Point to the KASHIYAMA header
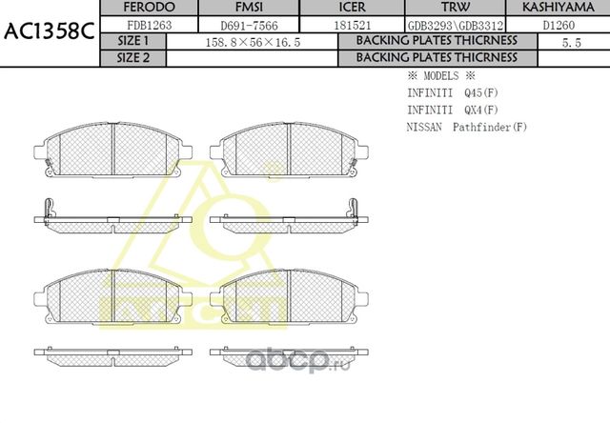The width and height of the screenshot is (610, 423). (x=559, y=8)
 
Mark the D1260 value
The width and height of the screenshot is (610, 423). (x=559, y=25)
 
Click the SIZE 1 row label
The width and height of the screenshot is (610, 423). (x=133, y=41)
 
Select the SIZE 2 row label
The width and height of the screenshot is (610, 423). (x=133, y=57)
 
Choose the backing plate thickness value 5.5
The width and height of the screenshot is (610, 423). (x=572, y=42)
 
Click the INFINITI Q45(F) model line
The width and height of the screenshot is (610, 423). (x=452, y=92)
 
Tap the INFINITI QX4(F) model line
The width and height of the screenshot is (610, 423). (x=452, y=110)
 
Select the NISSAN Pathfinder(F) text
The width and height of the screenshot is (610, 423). (x=466, y=127)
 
